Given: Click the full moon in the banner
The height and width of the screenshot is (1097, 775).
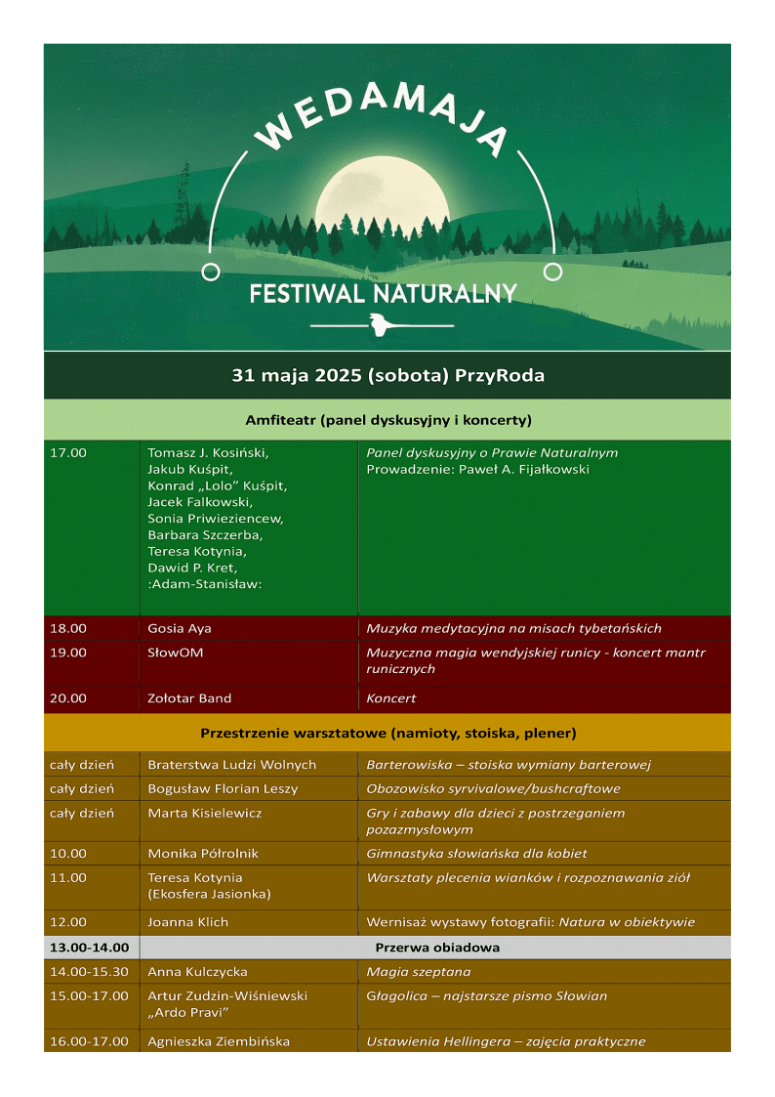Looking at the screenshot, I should click(383, 201).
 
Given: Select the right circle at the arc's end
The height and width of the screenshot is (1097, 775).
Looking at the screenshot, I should click(552, 272).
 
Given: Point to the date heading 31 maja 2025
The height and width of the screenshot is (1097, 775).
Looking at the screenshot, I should click(387, 375).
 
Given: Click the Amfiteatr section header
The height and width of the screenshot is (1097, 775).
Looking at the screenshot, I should click(387, 420).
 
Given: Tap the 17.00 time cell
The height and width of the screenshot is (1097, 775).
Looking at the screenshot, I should click(68, 453).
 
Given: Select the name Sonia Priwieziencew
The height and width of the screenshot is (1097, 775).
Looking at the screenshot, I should click(215, 519).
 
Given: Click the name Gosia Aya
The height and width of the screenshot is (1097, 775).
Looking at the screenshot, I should click(180, 628).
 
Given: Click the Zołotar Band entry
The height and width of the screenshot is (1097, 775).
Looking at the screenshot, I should click(189, 698).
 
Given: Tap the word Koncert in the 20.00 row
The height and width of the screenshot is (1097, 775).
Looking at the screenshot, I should click(390, 698).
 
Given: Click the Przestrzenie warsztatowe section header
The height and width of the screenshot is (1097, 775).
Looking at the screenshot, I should click(387, 733).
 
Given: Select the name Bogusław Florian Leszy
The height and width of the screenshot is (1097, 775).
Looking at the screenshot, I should click(223, 788).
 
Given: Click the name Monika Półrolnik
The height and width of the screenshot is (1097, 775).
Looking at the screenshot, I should click(203, 853).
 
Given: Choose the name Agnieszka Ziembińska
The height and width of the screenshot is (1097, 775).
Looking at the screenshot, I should click(219, 1041).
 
